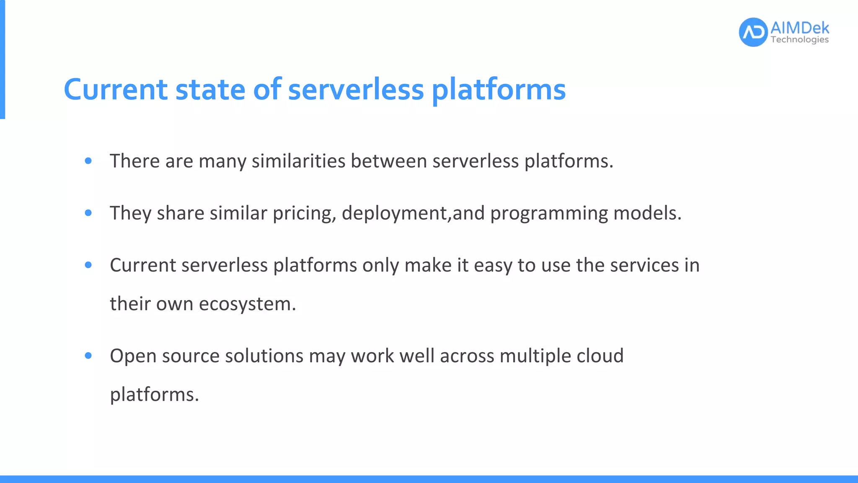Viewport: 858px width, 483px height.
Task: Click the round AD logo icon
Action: [x=753, y=32]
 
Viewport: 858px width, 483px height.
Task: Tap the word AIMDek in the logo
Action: [x=799, y=28]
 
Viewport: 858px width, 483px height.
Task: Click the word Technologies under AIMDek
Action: [x=799, y=40]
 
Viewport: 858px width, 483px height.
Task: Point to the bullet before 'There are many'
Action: [x=88, y=161]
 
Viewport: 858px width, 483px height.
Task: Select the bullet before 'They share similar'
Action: [x=88, y=213]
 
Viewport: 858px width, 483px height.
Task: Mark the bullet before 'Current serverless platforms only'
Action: [x=88, y=265]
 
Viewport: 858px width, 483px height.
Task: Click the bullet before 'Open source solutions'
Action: [x=88, y=356]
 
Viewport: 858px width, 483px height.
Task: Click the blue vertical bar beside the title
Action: [x=2, y=59]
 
